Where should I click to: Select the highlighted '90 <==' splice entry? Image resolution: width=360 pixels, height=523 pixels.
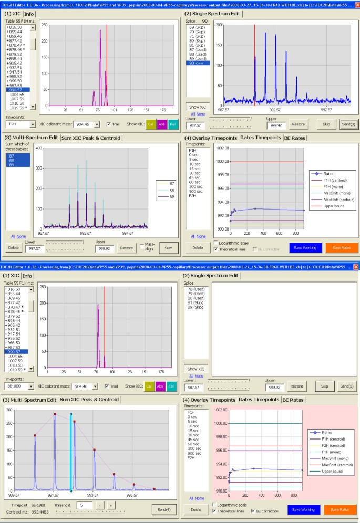tap(197, 63)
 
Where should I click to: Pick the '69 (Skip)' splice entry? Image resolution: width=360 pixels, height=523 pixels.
tap(196, 26)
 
